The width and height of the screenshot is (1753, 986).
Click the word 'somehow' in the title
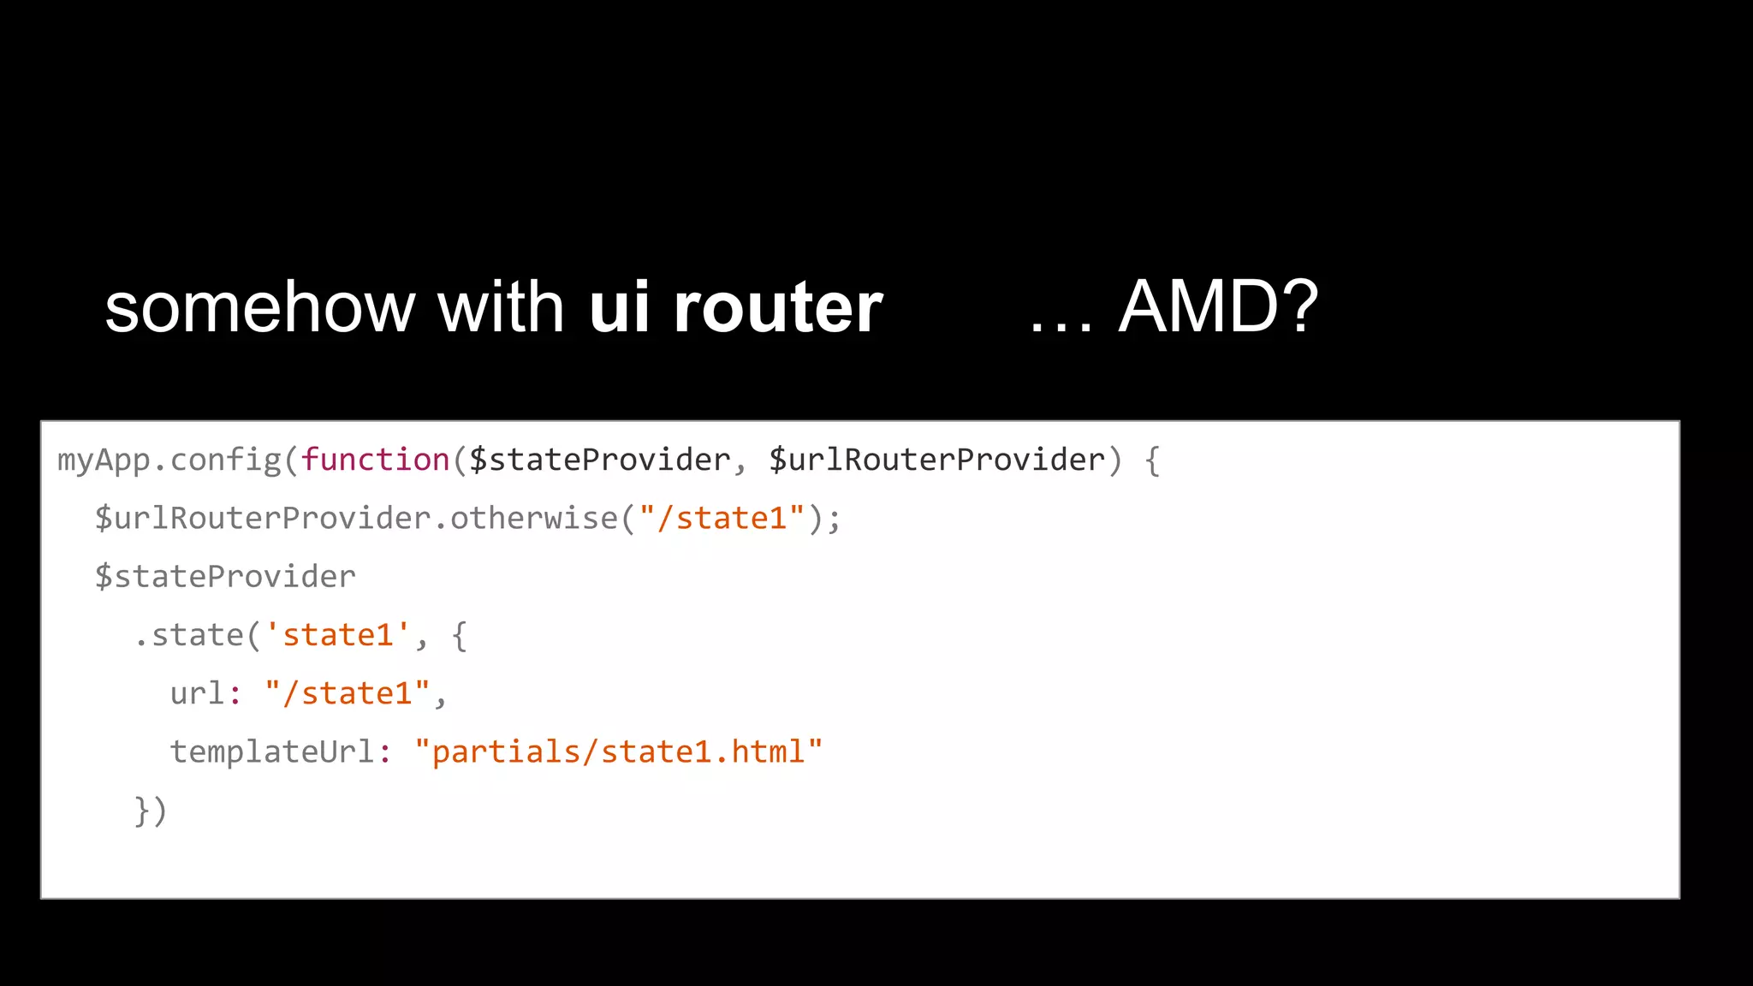pos(259,308)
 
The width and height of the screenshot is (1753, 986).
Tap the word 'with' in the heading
pos(501,308)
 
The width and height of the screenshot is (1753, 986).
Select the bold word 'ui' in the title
pos(619,308)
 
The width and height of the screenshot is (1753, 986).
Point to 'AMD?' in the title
pos(1218,308)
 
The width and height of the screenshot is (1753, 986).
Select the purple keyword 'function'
pos(375,460)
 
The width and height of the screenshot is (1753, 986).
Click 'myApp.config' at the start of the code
pos(169,460)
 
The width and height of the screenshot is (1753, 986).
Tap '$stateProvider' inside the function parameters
pos(599,460)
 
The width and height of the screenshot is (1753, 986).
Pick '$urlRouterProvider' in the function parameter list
pos(936,460)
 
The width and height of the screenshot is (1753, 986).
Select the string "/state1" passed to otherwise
pos(722,519)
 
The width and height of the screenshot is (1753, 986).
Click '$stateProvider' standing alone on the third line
pos(225,577)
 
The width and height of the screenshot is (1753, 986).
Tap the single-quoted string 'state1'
pos(337,635)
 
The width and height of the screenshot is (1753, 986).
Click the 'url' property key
pos(197,693)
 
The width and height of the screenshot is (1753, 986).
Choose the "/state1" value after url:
pos(347,693)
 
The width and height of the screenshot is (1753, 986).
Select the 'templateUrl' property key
pos(272,751)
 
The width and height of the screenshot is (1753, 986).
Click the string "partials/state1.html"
pos(618,751)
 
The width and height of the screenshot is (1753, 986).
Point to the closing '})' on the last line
pos(151,811)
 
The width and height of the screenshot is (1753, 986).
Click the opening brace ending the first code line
pos(1152,461)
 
